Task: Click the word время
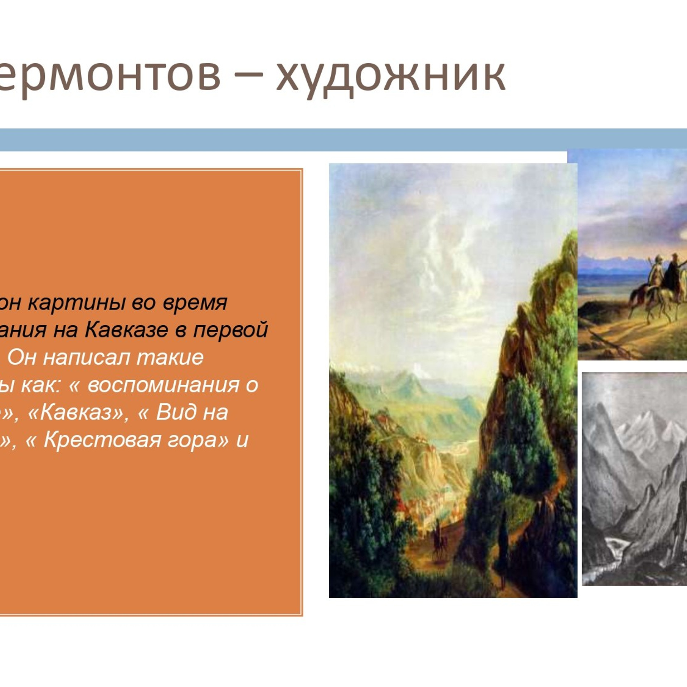click(195, 303)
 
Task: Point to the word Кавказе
click(126, 330)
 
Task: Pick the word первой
click(231, 330)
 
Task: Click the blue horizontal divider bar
click(343, 140)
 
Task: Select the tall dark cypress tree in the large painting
click(503, 547)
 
